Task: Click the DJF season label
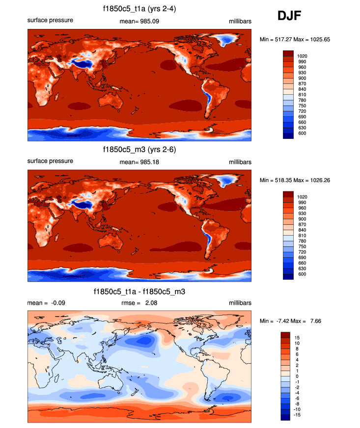pyautogui.click(x=289, y=16)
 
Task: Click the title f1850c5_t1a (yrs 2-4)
pyautogui.click(x=139, y=9)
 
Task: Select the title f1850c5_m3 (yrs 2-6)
pyautogui.click(x=139, y=150)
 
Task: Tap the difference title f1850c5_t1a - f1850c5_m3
pyautogui.click(x=139, y=292)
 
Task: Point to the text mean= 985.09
pyautogui.click(x=139, y=21)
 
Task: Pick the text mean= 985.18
pyautogui.click(x=139, y=161)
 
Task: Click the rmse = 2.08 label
pyautogui.click(x=139, y=303)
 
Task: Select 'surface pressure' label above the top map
pyautogui.click(x=50, y=21)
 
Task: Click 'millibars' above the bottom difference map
pyautogui.click(x=240, y=303)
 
